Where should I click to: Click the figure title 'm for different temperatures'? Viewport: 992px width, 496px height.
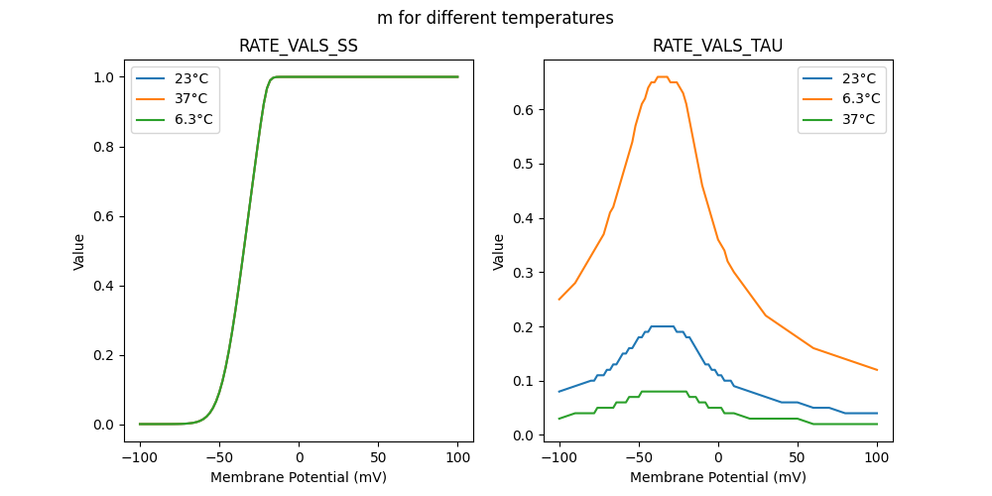click(x=495, y=18)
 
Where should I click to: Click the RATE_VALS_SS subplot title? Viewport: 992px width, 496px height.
click(x=299, y=46)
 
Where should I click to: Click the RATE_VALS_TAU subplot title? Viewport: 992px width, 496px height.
click(x=717, y=46)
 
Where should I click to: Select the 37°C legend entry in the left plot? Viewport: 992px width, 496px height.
click(x=191, y=99)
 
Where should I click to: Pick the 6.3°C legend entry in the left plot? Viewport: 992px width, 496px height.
click(x=194, y=120)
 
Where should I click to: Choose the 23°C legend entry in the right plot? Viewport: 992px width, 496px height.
click(x=859, y=78)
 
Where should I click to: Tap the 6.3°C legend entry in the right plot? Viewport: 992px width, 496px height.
click(x=862, y=99)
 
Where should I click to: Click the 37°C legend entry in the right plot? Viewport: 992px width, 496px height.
click(x=859, y=120)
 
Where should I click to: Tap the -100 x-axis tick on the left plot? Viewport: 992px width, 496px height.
click(x=139, y=457)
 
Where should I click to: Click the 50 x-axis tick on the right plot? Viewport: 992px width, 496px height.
click(x=798, y=457)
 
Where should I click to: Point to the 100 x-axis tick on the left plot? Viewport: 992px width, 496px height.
click(x=458, y=457)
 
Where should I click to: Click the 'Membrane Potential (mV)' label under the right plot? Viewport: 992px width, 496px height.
click(x=718, y=477)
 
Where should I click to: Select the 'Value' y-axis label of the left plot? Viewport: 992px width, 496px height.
click(x=79, y=251)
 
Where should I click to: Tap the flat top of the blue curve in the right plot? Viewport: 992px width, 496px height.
click(x=662, y=326)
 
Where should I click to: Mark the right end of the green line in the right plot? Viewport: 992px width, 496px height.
click(x=877, y=424)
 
